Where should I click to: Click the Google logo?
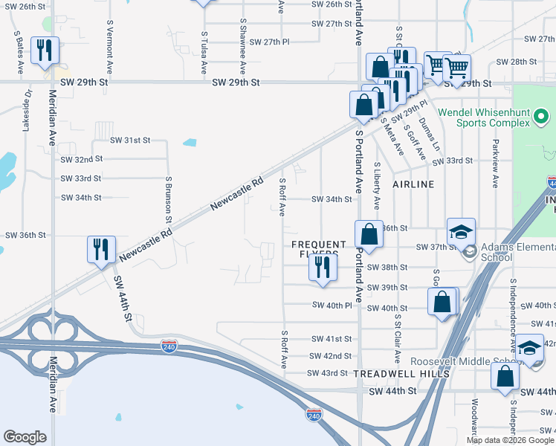click(x=25, y=437)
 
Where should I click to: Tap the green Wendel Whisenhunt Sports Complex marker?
click(x=541, y=117)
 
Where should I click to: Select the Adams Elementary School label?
click(x=513, y=252)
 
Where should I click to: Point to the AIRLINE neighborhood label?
click(x=413, y=184)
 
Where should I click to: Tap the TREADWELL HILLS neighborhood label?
click(x=401, y=373)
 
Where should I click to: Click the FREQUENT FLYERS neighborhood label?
click(x=319, y=249)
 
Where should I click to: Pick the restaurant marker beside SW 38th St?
click(x=321, y=268)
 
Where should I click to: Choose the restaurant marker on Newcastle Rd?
click(x=99, y=251)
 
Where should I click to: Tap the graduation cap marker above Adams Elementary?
click(x=461, y=231)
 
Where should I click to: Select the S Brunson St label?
click(x=169, y=199)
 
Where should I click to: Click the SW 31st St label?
click(x=130, y=140)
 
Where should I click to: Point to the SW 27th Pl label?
click(x=269, y=42)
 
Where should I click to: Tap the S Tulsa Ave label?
click(x=204, y=52)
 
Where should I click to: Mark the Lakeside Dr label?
click(x=28, y=111)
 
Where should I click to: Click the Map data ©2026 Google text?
click(x=509, y=440)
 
